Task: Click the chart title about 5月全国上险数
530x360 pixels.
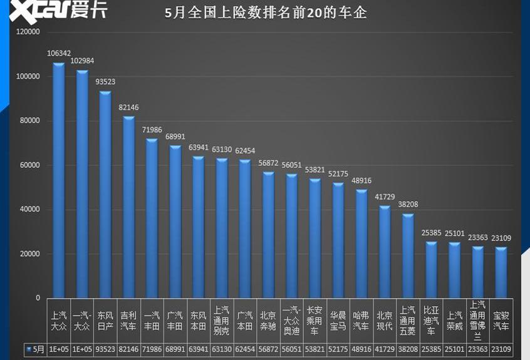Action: pyautogui.click(x=265, y=13)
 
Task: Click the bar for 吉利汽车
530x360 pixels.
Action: pyautogui.click(x=128, y=207)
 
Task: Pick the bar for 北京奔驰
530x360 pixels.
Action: pyautogui.click(x=268, y=235)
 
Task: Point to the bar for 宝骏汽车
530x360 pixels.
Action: pyautogui.click(x=501, y=272)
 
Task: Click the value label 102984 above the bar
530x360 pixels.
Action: pyautogui.click(x=82, y=61)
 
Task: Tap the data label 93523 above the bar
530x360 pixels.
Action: pyautogui.click(x=105, y=81)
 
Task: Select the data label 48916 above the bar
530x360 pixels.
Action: pyautogui.click(x=361, y=180)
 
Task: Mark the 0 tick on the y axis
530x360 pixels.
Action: pyautogui.click(x=38, y=298)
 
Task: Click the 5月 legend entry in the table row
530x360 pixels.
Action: pyautogui.click(x=35, y=349)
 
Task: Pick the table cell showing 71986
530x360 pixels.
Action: pyautogui.click(x=152, y=349)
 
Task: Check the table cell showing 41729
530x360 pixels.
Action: pyautogui.click(x=384, y=349)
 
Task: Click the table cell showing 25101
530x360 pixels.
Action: pyautogui.click(x=454, y=349)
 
